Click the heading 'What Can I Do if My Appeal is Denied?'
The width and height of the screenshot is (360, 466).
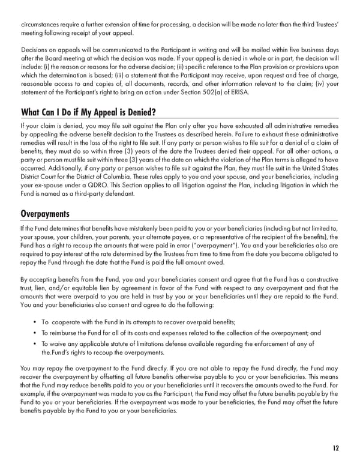tap(88, 112)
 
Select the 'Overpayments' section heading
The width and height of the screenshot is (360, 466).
tap(45, 213)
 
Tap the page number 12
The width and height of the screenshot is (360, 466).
tap(334, 447)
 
